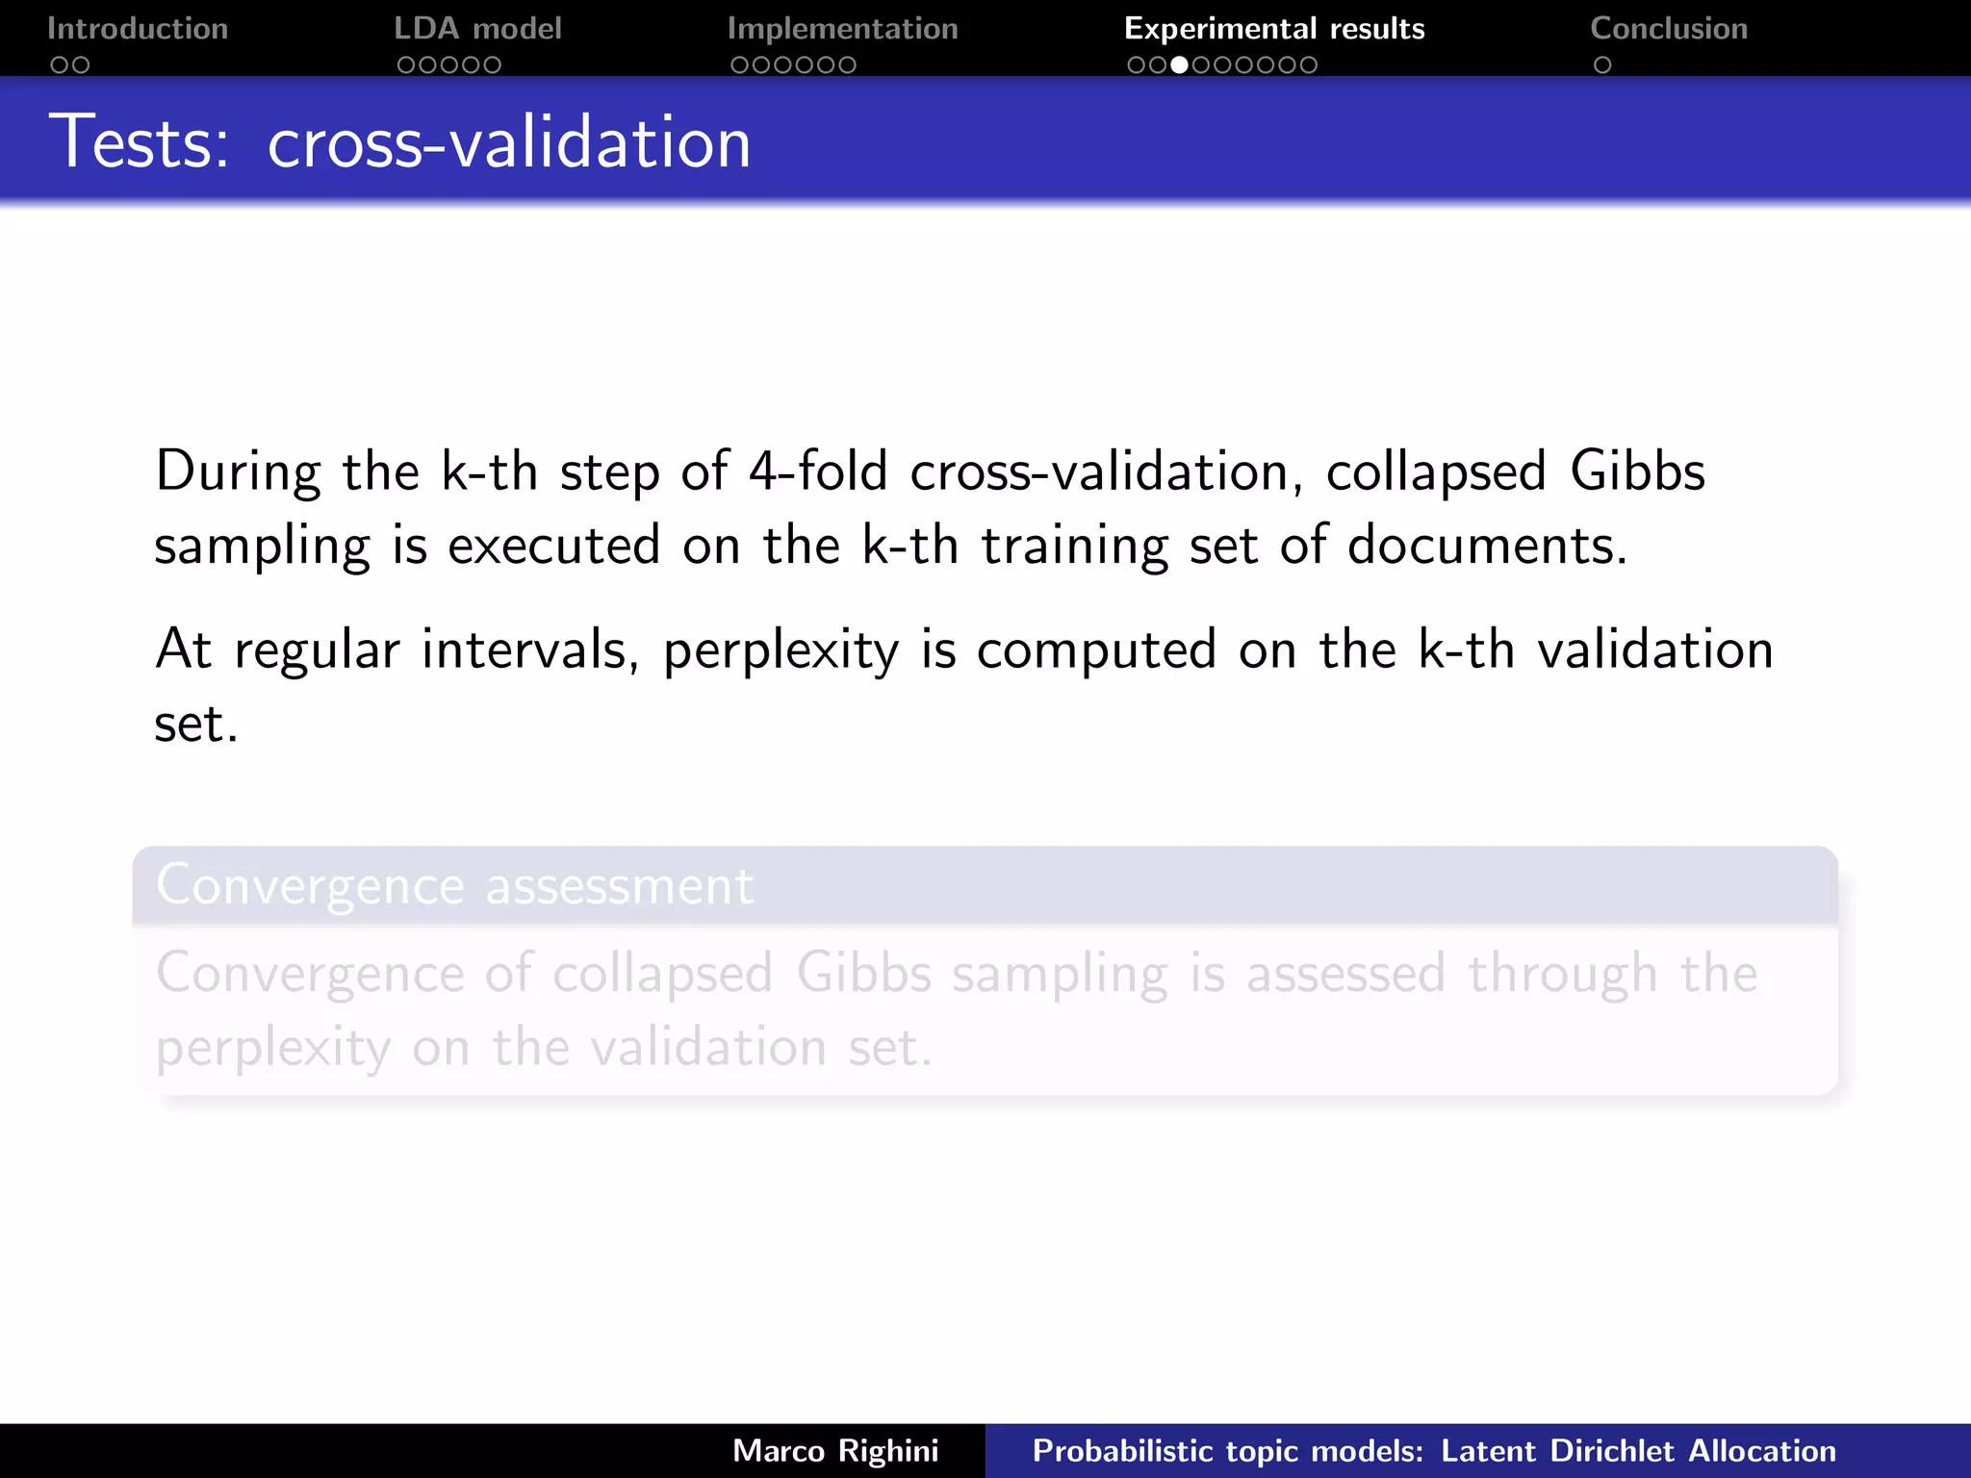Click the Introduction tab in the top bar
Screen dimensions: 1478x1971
tap(137, 29)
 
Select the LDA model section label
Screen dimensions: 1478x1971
tap(477, 29)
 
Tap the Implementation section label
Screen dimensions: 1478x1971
tap(842, 29)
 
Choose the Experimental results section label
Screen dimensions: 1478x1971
tap(1274, 29)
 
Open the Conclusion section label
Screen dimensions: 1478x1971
tap(1669, 29)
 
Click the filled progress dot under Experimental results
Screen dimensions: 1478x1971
tap(1179, 65)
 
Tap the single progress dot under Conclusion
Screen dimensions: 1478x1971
tap(1602, 65)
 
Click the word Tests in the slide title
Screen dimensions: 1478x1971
tap(139, 142)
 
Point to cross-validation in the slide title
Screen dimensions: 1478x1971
tap(508, 142)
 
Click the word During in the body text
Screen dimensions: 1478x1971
tap(238, 472)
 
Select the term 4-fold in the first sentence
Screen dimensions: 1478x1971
tap(818, 472)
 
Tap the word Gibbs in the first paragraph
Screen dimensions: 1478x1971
tap(1637, 472)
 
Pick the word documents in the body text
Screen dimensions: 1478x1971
tap(1486, 546)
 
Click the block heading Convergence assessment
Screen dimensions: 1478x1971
tap(454, 885)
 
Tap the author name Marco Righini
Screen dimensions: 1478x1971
tap(835, 1451)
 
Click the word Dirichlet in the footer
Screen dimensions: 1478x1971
tap(1613, 1451)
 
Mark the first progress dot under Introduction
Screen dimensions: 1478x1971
tap(60, 65)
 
